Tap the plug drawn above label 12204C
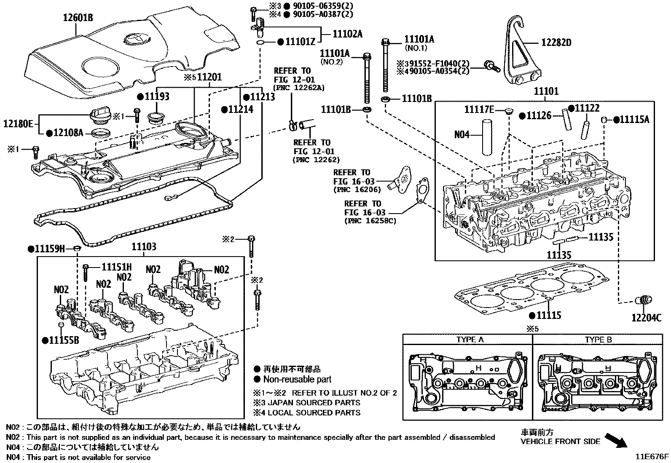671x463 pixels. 644,301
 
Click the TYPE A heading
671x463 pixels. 470,340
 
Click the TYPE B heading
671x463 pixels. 598,340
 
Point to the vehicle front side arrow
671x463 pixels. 616,441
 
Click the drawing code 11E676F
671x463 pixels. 652,456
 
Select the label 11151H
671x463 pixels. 117,267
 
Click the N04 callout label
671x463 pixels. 462,135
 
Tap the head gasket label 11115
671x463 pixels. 549,315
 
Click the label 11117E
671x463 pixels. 479,110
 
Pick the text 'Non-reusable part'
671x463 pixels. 297,380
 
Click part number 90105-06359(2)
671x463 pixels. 322,6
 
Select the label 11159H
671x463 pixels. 49,249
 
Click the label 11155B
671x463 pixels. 64,340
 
